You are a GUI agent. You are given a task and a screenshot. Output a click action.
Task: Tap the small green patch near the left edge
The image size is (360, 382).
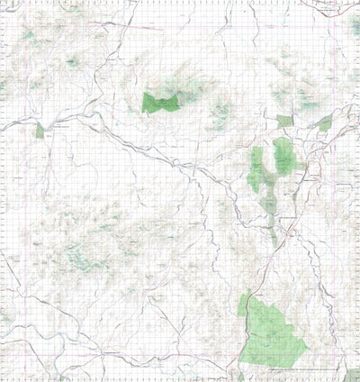(39, 131)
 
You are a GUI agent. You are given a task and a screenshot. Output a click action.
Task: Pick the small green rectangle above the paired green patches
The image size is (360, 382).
(284, 121)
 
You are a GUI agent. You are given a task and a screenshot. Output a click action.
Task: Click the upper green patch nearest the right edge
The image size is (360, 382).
(324, 124)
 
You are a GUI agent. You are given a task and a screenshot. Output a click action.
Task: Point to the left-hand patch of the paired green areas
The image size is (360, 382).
(256, 169)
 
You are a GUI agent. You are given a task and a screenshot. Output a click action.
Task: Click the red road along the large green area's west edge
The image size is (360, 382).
(241, 333)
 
